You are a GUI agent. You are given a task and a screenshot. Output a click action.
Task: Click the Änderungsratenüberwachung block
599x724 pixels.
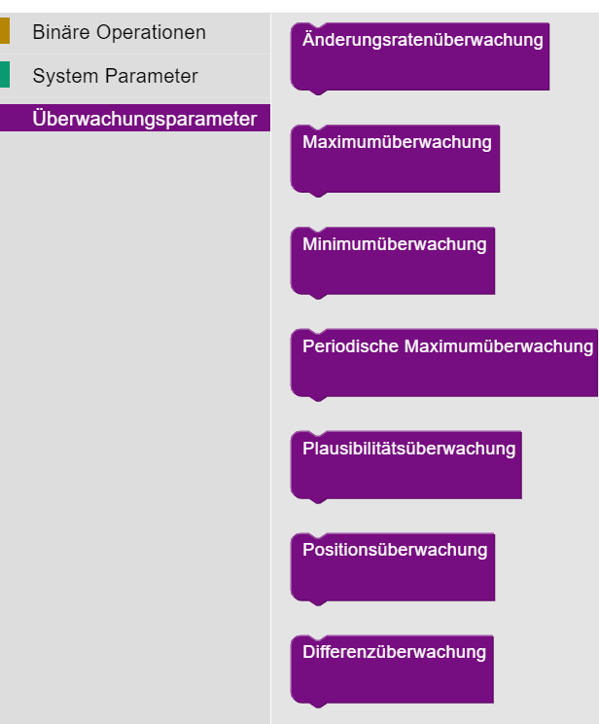click(x=420, y=56)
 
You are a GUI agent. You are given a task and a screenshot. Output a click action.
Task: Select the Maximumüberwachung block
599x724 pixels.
click(x=395, y=158)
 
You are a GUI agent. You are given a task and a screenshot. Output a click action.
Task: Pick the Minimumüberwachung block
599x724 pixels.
click(x=393, y=260)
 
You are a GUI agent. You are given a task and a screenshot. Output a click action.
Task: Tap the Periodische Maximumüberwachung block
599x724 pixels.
click(x=444, y=362)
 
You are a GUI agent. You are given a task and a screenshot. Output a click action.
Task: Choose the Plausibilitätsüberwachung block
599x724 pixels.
click(x=406, y=464)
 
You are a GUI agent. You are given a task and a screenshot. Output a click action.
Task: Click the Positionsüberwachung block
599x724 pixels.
click(x=393, y=566)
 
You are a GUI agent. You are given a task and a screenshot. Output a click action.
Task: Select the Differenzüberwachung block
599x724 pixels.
click(x=392, y=669)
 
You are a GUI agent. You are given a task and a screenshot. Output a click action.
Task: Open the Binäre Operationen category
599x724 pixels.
click(x=119, y=32)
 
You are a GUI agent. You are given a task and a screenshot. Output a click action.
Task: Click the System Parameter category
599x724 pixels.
click(x=115, y=76)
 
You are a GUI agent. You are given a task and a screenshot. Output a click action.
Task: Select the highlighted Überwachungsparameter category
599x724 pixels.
click(x=144, y=119)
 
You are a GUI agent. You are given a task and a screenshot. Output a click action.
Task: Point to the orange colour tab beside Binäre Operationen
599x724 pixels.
click(x=5, y=31)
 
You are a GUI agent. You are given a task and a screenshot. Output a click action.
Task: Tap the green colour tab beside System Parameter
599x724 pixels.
click(x=5, y=75)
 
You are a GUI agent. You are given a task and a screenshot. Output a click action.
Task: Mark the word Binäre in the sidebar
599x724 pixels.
click(x=59, y=32)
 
